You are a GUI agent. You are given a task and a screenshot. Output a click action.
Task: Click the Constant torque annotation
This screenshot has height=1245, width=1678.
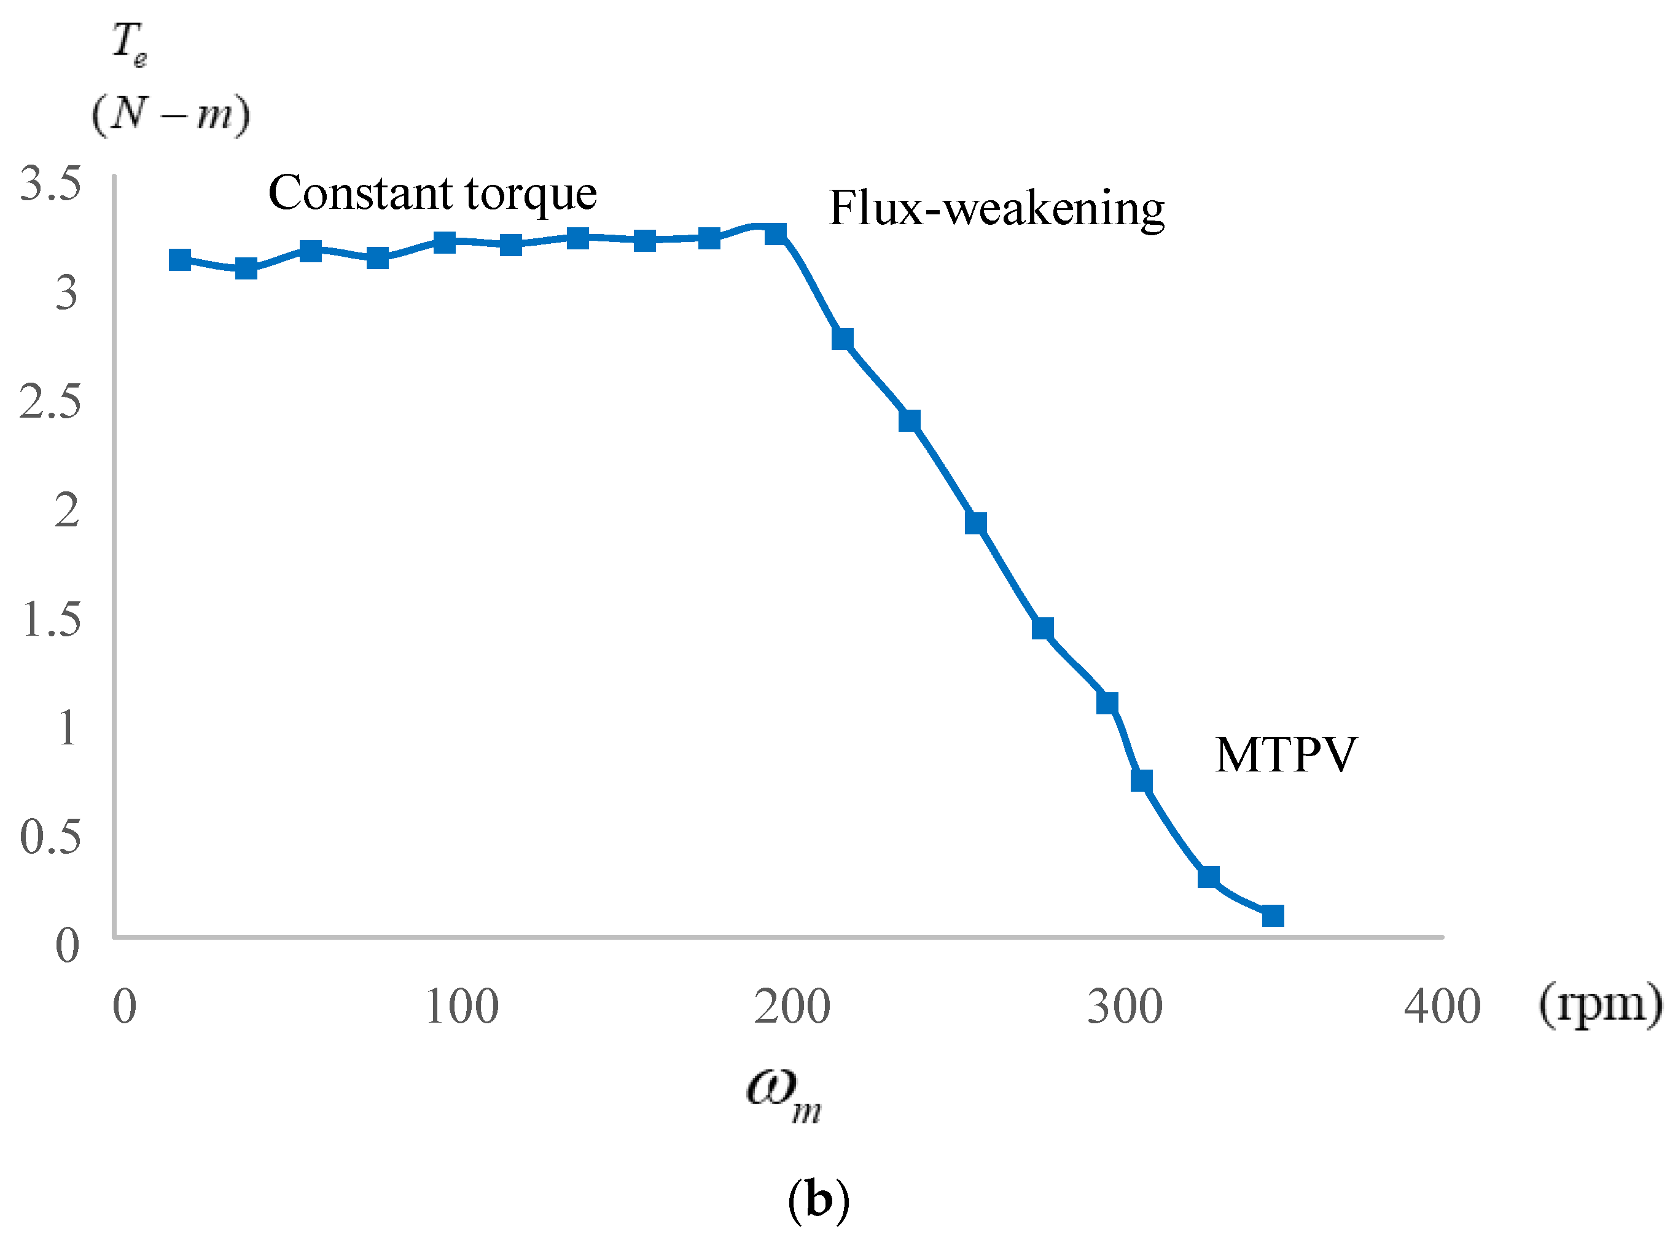tap(432, 193)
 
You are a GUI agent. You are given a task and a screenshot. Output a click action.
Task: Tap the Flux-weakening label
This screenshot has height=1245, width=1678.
tap(996, 208)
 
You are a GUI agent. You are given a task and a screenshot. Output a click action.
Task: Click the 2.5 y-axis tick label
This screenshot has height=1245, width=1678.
tap(50, 401)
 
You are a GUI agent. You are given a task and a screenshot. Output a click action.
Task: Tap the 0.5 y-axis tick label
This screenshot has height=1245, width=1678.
tap(50, 837)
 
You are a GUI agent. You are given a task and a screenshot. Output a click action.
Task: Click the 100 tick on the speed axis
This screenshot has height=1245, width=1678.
tap(461, 1007)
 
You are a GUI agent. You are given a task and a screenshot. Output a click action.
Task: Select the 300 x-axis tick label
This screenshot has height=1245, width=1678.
tap(1124, 1007)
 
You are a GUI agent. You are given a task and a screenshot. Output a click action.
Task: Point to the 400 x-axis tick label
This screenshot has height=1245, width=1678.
tap(1442, 1007)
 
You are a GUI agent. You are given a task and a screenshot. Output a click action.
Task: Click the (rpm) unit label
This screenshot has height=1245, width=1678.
tap(1599, 1005)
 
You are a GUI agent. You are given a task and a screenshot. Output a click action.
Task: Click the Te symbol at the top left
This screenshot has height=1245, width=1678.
tap(129, 43)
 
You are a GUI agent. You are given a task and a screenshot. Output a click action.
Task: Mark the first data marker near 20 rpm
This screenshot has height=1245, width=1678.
tap(180, 260)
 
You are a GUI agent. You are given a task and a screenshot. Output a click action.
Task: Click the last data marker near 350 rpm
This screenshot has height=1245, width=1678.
tap(1273, 916)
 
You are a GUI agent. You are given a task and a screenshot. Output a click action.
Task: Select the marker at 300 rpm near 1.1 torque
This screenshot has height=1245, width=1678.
tap(1107, 703)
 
